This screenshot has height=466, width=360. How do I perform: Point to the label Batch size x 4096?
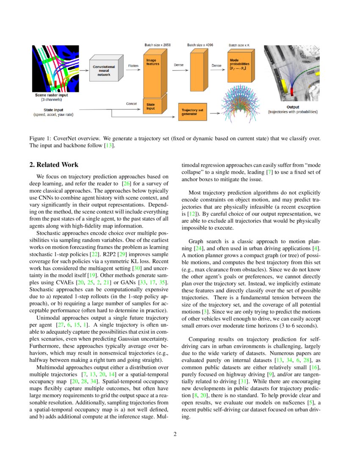(199, 44)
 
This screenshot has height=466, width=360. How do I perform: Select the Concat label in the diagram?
(132, 103)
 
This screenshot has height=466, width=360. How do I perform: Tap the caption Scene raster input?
(51, 95)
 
